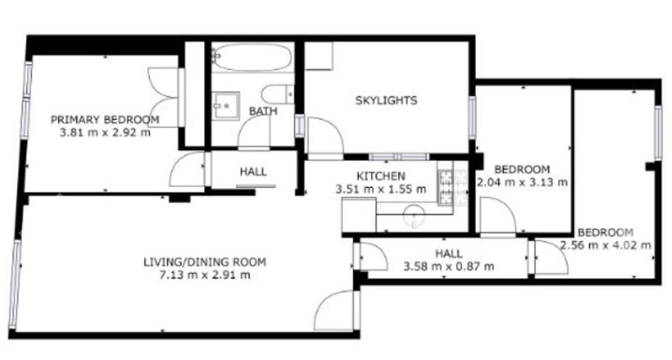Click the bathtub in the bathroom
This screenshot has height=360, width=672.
click(x=253, y=57)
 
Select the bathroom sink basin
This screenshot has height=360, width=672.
click(x=226, y=105)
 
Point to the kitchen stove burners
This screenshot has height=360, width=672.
click(x=445, y=184)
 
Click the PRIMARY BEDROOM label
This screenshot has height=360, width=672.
click(x=105, y=120)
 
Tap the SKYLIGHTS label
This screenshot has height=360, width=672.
click(x=386, y=100)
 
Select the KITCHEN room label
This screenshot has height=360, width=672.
click(x=381, y=176)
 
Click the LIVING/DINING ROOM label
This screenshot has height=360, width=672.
click(x=205, y=262)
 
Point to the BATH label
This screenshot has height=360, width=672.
click(x=263, y=111)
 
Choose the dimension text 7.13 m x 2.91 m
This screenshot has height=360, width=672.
click(x=205, y=274)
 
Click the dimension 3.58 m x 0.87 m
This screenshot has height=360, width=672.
click(x=448, y=266)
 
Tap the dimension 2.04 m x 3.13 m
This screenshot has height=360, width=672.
click(x=523, y=182)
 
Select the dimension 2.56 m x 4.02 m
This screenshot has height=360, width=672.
click(x=606, y=245)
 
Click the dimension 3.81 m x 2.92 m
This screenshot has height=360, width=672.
click(x=105, y=132)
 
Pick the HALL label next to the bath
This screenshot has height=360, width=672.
click(x=253, y=172)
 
